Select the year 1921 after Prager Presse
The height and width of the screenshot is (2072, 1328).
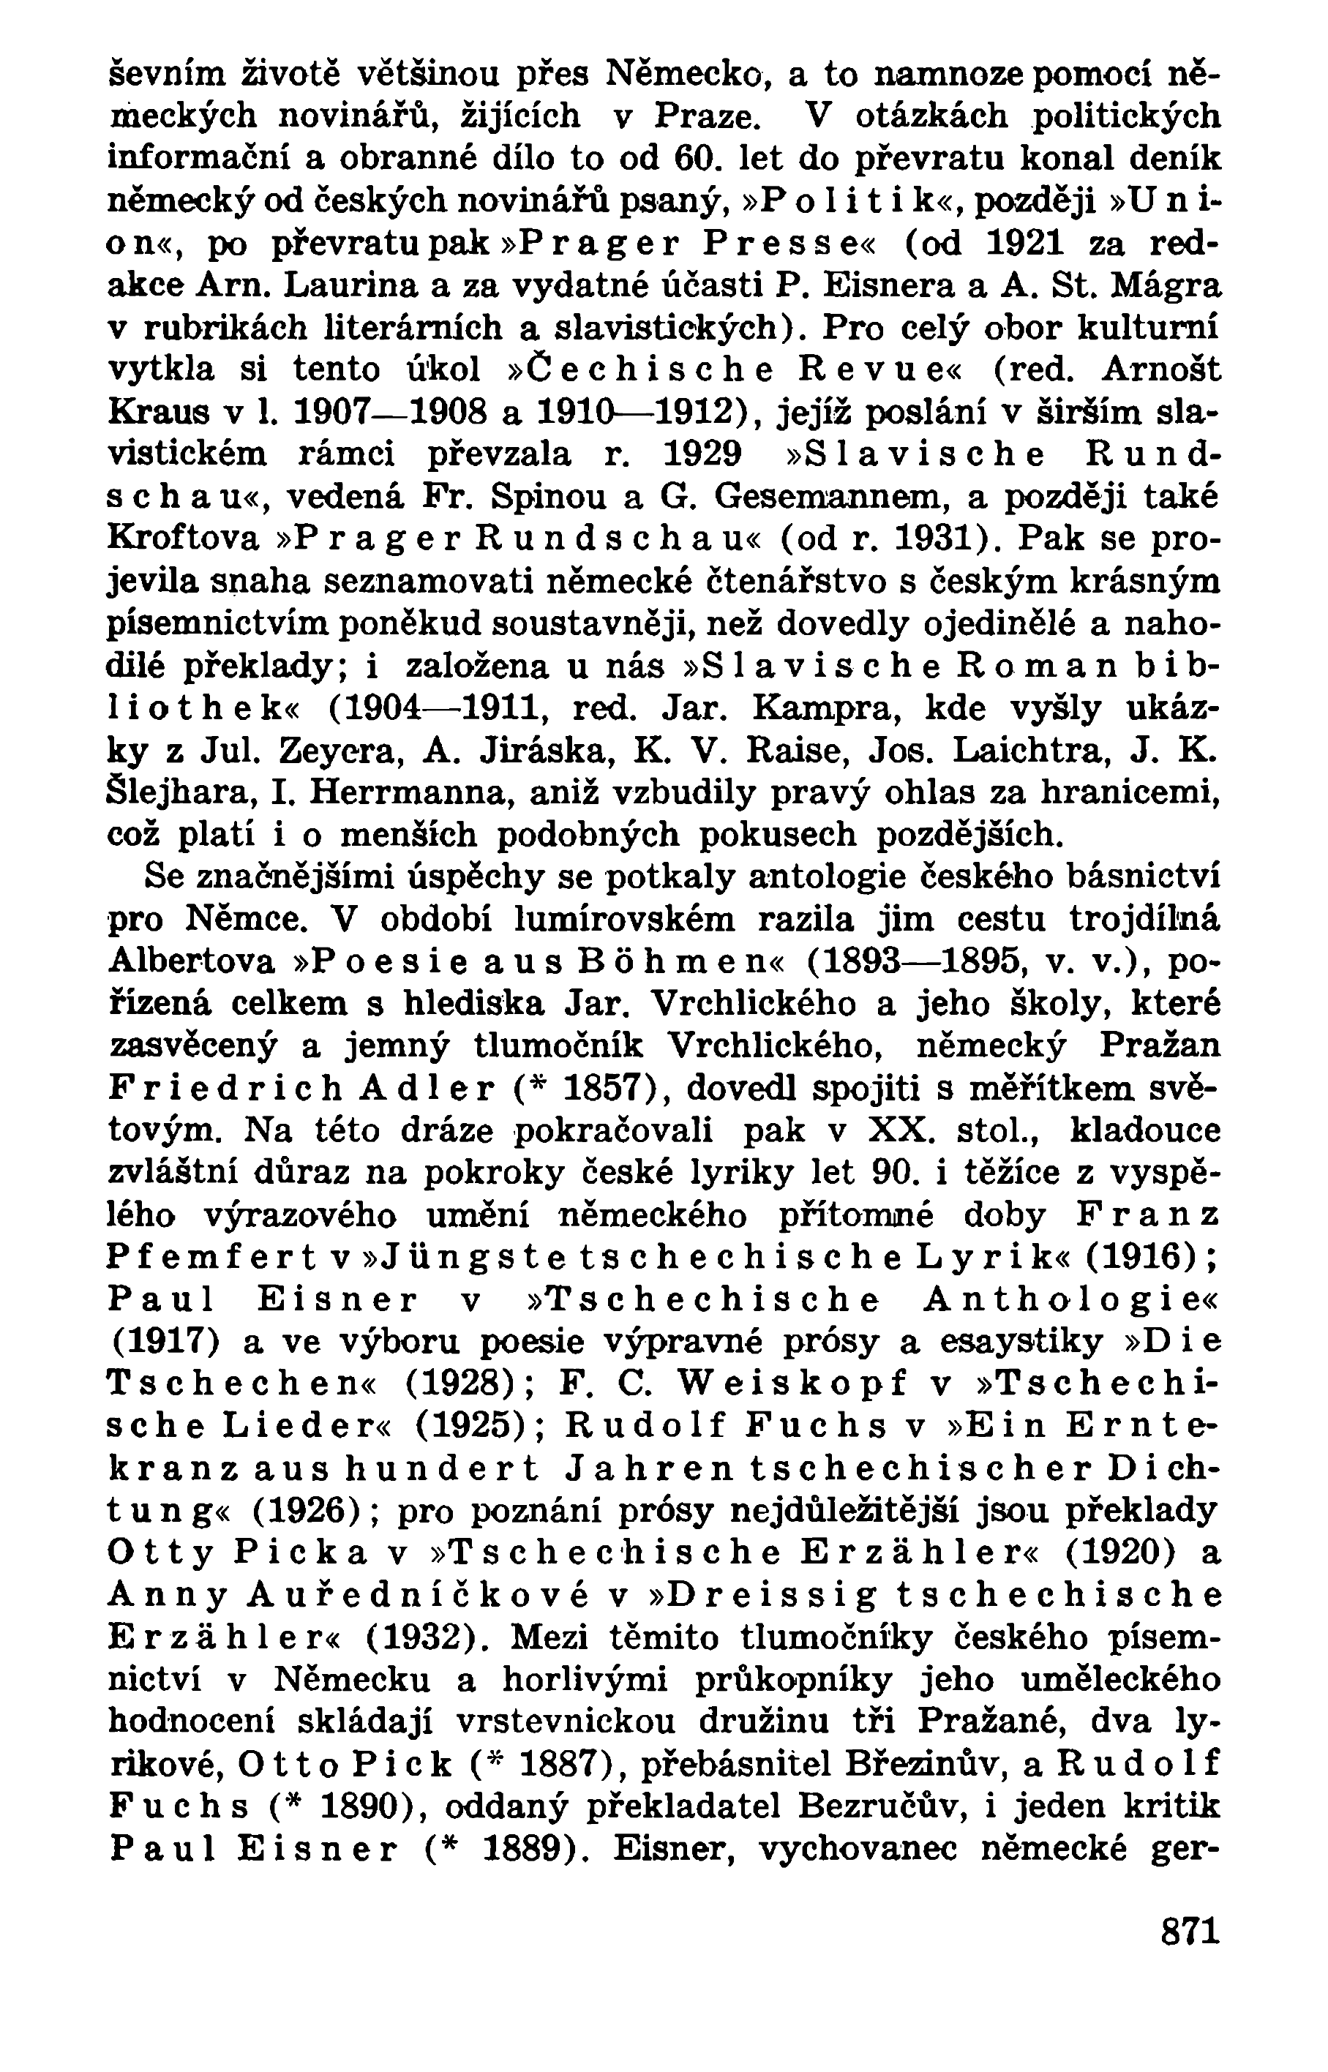coord(1018,245)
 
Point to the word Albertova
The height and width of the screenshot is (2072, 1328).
coord(192,961)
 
